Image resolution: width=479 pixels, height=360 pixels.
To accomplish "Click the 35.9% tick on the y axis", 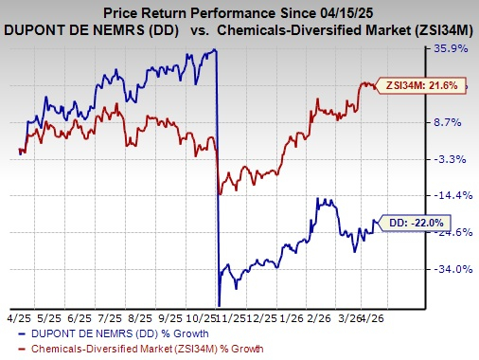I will click(451, 48).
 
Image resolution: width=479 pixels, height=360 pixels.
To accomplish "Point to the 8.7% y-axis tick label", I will click(451, 122).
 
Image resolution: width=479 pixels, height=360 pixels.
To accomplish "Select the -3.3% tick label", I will click(451, 159).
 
